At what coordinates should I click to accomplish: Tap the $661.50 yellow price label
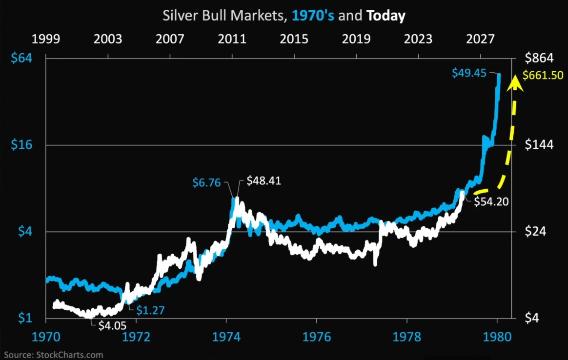(x=543, y=76)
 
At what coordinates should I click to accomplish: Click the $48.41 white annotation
(x=264, y=180)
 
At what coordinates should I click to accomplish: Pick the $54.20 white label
(x=491, y=201)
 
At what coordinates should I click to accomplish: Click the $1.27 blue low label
(x=150, y=310)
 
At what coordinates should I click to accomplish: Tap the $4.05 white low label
(x=113, y=325)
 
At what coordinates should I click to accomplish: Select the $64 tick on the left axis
(x=21, y=58)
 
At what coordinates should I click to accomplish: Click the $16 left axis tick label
(x=21, y=145)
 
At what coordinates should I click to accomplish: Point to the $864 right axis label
(x=539, y=58)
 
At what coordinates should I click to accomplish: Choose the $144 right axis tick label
(x=539, y=145)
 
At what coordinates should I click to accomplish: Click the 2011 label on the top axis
(x=232, y=39)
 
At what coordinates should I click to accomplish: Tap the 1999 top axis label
(x=46, y=39)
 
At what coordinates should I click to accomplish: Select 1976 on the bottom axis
(x=317, y=337)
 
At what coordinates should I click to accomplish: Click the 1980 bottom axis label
(x=497, y=337)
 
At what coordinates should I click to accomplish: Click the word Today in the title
(x=386, y=16)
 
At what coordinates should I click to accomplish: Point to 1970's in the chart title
(x=313, y=16)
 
